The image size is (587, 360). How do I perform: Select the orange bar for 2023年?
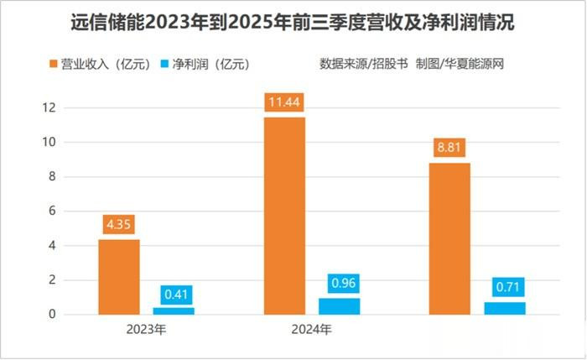[119, 277]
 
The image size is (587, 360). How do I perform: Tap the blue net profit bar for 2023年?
[174, 310]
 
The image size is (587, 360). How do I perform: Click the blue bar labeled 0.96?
[339, 306]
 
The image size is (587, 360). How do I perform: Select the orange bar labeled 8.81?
[449, 238]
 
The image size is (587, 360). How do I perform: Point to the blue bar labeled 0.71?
[505, 308]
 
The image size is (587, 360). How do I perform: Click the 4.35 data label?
[119, 225]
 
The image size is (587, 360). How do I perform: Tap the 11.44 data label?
[284, 103]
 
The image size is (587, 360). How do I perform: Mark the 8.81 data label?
[449, 149]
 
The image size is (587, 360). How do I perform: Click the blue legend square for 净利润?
[164, 64]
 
